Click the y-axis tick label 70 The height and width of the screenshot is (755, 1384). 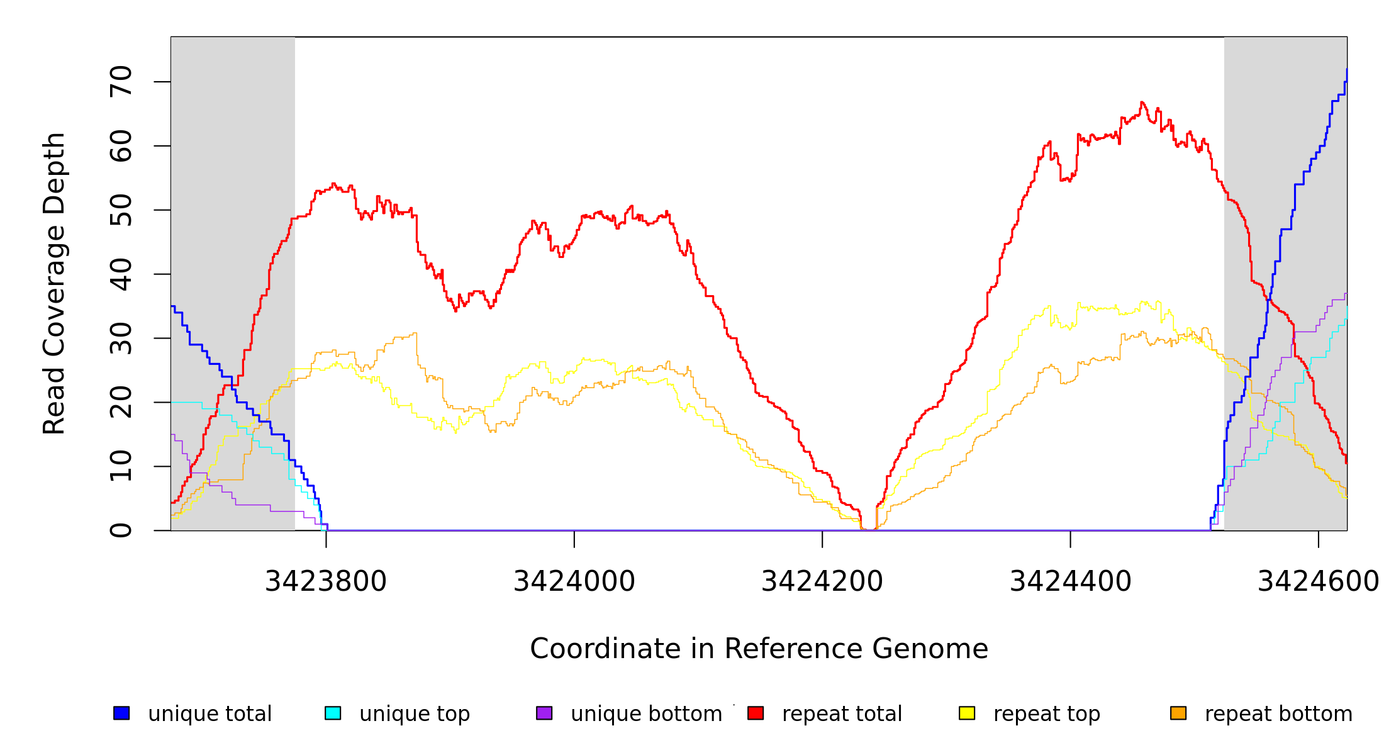tap(121, 82)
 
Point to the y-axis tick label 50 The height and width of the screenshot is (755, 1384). tap(121, 210)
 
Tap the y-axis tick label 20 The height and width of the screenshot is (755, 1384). tap(121, 403)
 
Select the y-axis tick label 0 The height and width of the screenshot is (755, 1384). tap(121, 530)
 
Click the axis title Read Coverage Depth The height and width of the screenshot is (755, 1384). tap(54, 283)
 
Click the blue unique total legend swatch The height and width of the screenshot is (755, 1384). tap(121, 713)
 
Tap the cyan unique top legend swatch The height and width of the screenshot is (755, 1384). tap(333, 713)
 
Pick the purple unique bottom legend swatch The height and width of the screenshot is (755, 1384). tap(544, 713)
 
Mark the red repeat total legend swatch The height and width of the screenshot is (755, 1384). tap(756, 713)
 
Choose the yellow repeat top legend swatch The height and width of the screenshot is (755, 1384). tap(967, 713)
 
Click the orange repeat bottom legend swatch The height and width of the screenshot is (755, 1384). tap(1178, 713)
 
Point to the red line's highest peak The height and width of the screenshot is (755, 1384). tap(1142, 102)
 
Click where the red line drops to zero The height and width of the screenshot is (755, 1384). tap(869, 530)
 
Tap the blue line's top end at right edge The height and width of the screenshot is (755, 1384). tap(1346, 69)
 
